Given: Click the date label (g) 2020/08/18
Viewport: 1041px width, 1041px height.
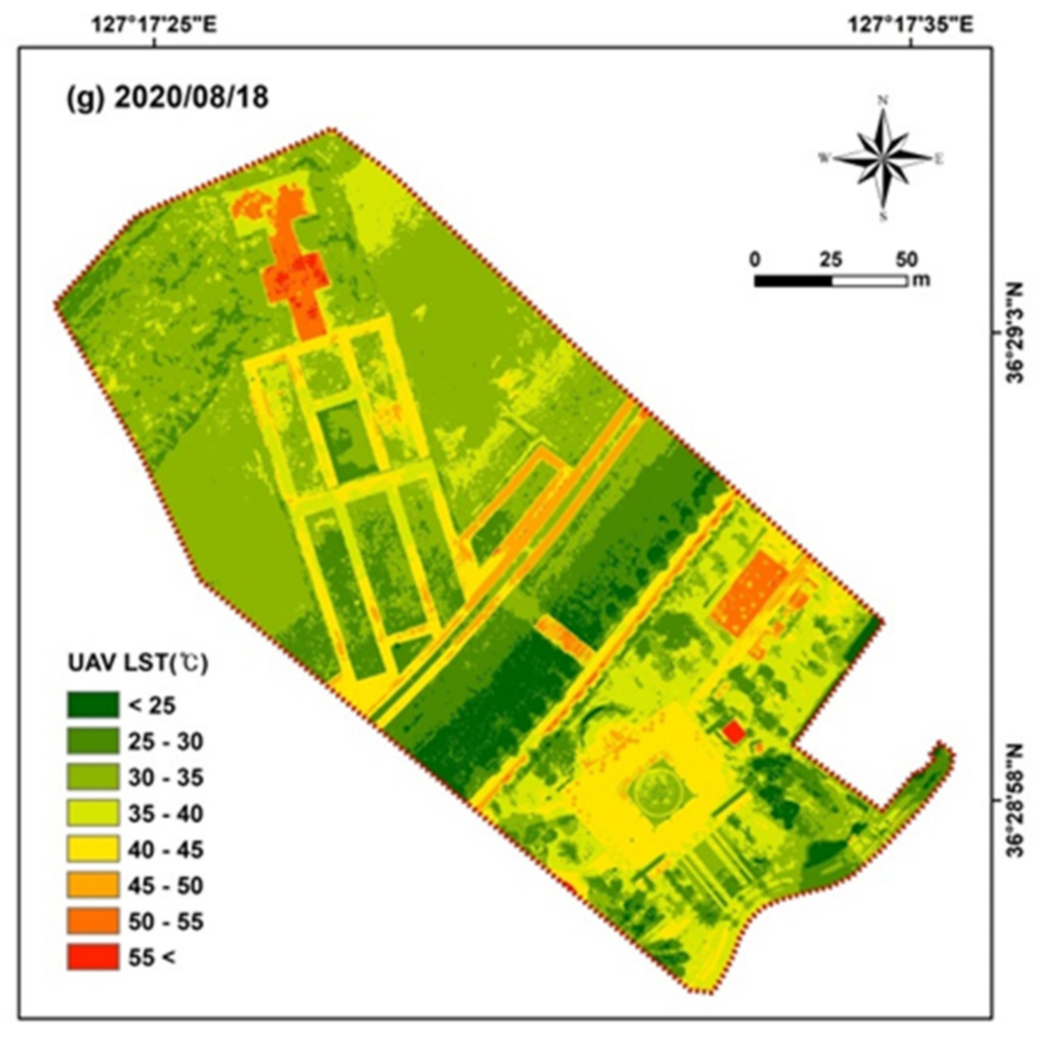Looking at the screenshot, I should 167,96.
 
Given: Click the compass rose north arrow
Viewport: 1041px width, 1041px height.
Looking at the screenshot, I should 882,158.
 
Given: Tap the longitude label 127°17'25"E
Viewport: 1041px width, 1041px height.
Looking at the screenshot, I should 154,26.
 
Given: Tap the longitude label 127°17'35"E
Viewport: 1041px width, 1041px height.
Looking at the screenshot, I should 910,26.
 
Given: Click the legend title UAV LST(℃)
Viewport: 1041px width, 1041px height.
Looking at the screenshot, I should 138,663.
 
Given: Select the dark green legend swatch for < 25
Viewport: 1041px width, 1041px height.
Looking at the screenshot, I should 93,705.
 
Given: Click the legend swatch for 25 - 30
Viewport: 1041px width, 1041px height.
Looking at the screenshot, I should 93,740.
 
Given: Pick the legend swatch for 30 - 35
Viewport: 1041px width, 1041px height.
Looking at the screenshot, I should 93,777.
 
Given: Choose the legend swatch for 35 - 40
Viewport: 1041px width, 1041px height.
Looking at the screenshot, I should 93,813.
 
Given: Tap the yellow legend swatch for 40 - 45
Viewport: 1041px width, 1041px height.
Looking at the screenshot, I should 93,849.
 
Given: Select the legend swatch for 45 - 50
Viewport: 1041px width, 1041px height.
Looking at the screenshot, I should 93,885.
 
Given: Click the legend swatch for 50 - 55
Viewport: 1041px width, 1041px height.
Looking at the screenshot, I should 93,921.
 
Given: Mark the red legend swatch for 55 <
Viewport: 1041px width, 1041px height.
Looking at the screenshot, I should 93,957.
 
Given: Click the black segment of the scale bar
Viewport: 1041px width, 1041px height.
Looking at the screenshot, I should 793,281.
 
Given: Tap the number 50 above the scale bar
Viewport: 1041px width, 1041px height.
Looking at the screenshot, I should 906,259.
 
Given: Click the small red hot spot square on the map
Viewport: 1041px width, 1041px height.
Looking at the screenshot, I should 733,732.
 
